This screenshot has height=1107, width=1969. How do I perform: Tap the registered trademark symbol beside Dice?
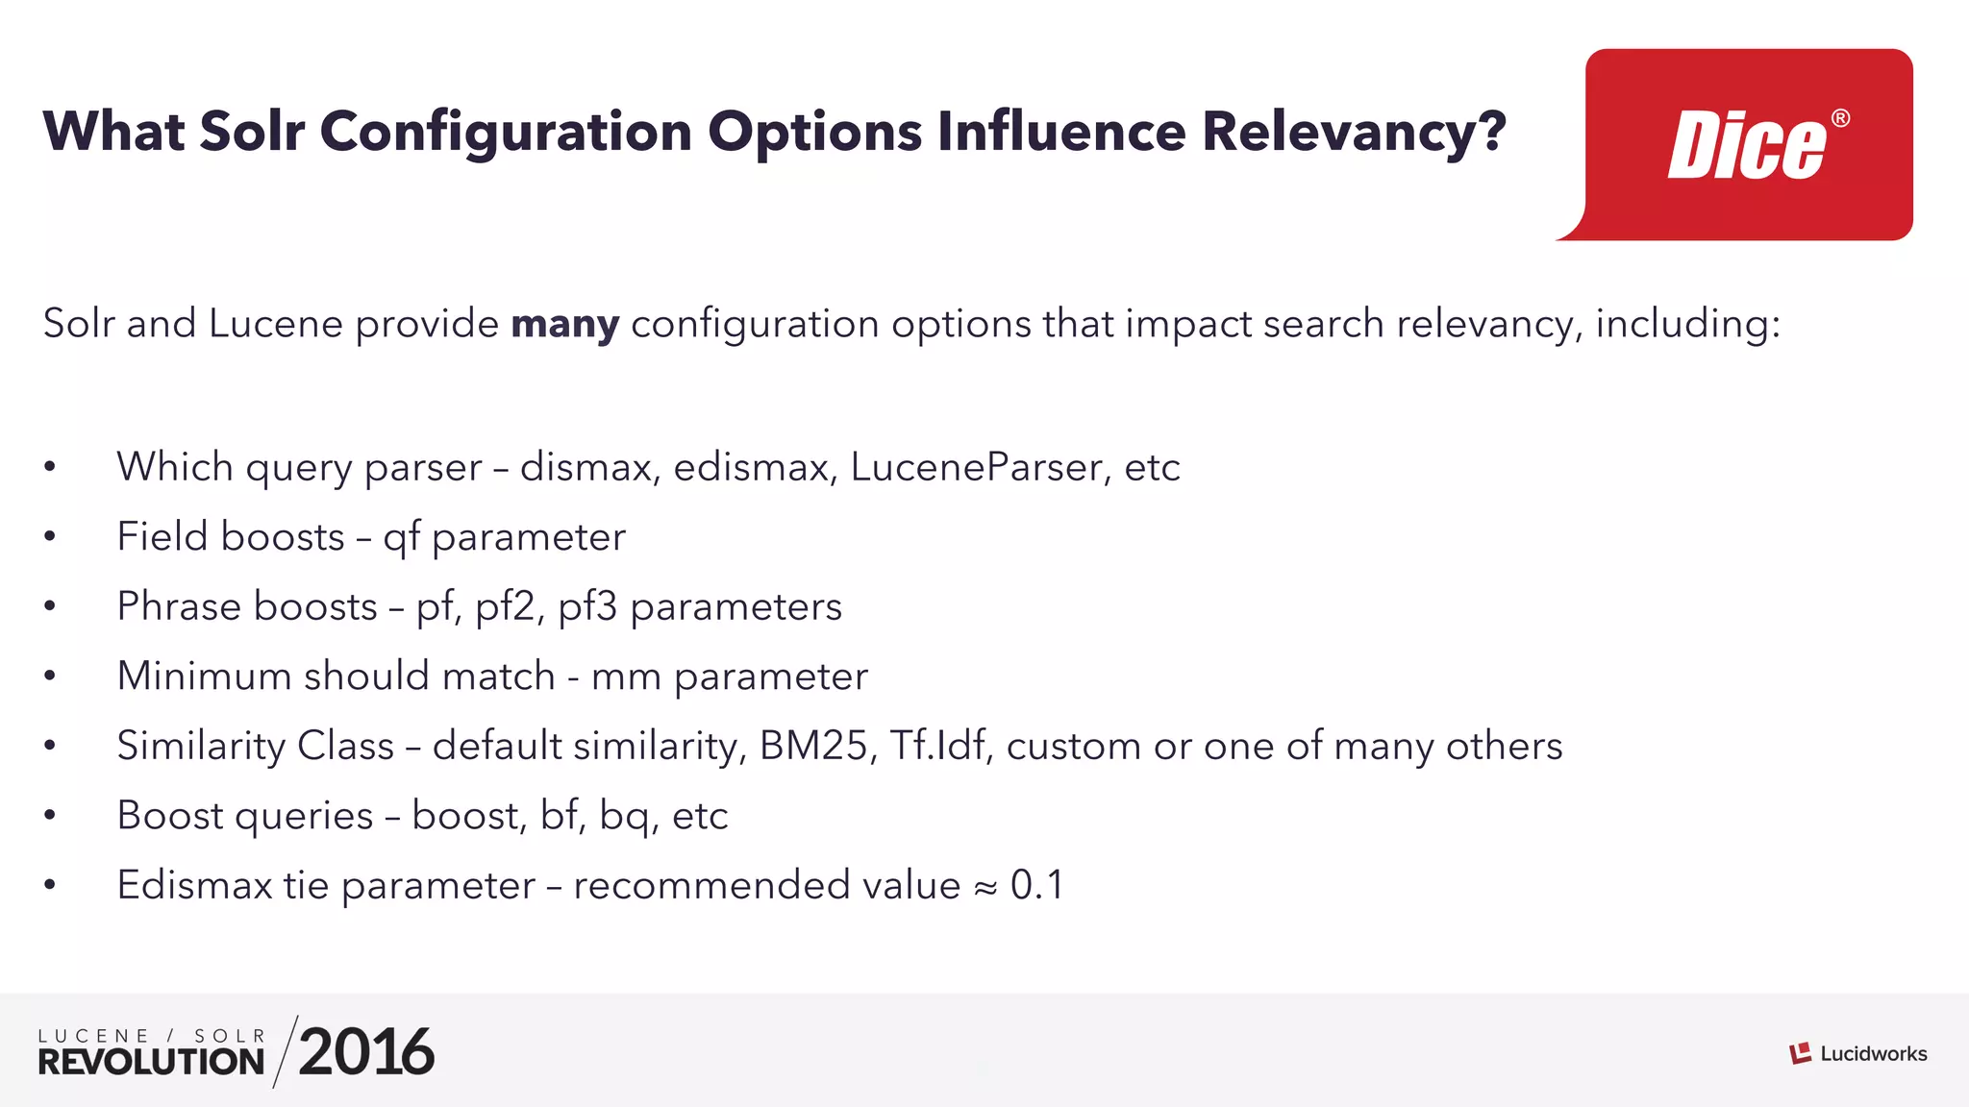(x=1840, y=118)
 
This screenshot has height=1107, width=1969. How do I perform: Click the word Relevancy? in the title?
(x=1354, y=132)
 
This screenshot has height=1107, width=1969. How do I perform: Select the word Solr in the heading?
(x=252, y=132)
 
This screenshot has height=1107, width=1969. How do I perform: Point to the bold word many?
(x=564, y=325)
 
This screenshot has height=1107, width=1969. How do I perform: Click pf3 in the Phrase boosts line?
(x=586, y=606)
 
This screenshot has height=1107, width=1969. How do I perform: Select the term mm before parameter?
(x=626, y=676)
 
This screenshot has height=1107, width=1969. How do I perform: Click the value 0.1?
(x=1036, y=885)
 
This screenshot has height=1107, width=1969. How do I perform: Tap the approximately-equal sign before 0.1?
(x=985, y=887)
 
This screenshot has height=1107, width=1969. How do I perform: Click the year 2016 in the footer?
(x=366, y=1052)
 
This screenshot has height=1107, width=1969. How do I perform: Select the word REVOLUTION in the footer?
(x=151, y=1062)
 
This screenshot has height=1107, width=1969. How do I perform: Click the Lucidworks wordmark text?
(x=1873, y=1054)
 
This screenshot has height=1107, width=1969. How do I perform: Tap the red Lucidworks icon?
(x=1800, y=1054)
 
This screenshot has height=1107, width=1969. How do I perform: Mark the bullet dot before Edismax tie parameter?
(x=50, y=885)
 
